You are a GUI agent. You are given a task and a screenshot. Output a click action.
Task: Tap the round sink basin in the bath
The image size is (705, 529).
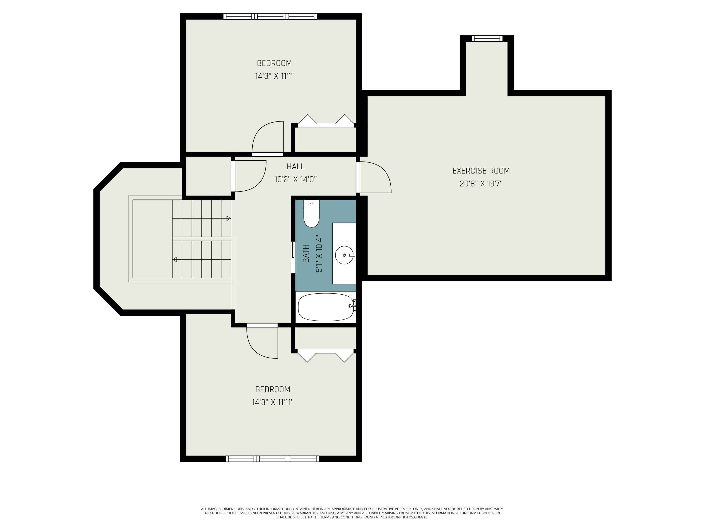point(345,255)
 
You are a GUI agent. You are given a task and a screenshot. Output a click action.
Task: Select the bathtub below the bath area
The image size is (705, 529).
point(326,307)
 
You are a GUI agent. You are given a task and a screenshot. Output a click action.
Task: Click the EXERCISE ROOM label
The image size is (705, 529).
point(481,171)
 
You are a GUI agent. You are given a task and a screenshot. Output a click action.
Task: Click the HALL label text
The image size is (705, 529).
point(295,166)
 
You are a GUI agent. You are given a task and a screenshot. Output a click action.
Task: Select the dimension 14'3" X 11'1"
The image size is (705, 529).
point(274,76)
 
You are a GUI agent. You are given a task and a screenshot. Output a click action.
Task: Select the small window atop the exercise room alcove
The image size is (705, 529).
point(487,39)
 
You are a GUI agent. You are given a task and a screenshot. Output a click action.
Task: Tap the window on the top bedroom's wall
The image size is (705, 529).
point(270,16)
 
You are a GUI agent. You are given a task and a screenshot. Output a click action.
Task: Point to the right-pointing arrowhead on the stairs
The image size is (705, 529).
point(228,218)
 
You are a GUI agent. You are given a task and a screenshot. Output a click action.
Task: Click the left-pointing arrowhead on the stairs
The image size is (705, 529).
point(175,260)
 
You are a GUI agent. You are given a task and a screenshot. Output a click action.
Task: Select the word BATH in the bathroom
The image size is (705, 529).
point(306,253)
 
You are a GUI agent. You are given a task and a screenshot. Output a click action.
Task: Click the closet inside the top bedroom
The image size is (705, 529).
point(325,140)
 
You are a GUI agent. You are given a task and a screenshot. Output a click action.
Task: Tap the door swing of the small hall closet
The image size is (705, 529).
point(250,176)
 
